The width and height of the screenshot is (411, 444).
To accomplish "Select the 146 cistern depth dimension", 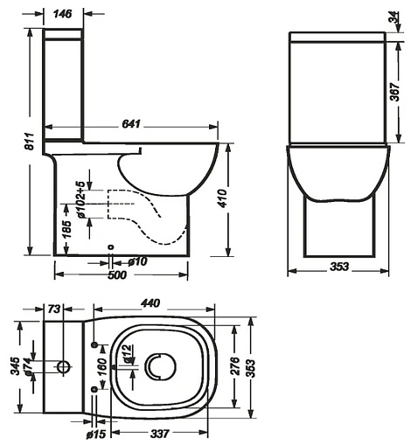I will [x=62, y=14].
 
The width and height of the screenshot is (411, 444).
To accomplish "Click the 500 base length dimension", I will [x=116, y=275].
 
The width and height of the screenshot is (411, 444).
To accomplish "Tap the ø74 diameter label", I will [x=28, y=370].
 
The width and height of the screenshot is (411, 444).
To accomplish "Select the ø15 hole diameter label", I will [x=95, y=432].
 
